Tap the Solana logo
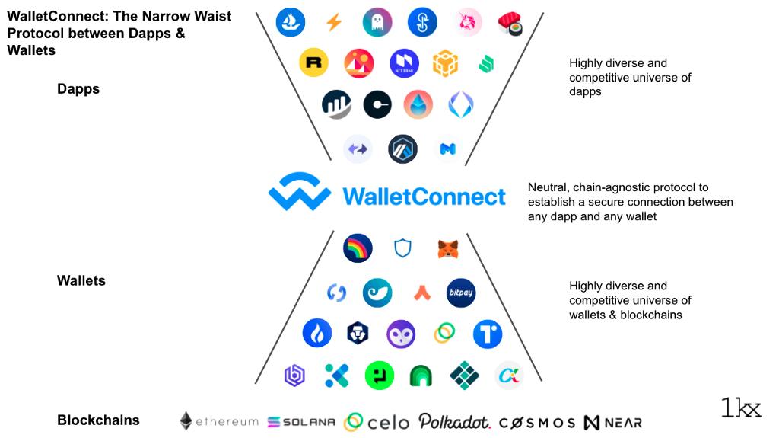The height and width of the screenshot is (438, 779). pos(301,422)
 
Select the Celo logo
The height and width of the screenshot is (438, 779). pos(377,422)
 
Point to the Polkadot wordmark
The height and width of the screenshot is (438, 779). pos(454,421)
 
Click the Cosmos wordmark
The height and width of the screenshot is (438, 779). pos(537,422)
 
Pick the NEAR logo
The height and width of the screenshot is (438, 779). pos(613,422)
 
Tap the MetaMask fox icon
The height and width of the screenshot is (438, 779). pos(448,248)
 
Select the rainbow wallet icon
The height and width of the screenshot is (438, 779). pos(358,248)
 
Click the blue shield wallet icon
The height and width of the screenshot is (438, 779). pos(402,248)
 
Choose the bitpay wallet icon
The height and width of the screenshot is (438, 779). pos(461,293)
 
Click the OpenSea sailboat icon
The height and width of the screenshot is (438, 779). pos(290,22)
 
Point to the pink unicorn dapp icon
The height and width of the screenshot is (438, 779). pos(469,23)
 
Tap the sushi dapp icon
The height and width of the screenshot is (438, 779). pos(510,24)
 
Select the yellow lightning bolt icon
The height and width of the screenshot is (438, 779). pos(333,23)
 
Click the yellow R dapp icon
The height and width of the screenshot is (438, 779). pos(313,63)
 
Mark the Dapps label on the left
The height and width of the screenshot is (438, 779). pos(78,89)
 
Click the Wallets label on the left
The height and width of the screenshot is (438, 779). pos(81,281)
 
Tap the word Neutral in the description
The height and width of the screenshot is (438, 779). pos(548,187)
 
